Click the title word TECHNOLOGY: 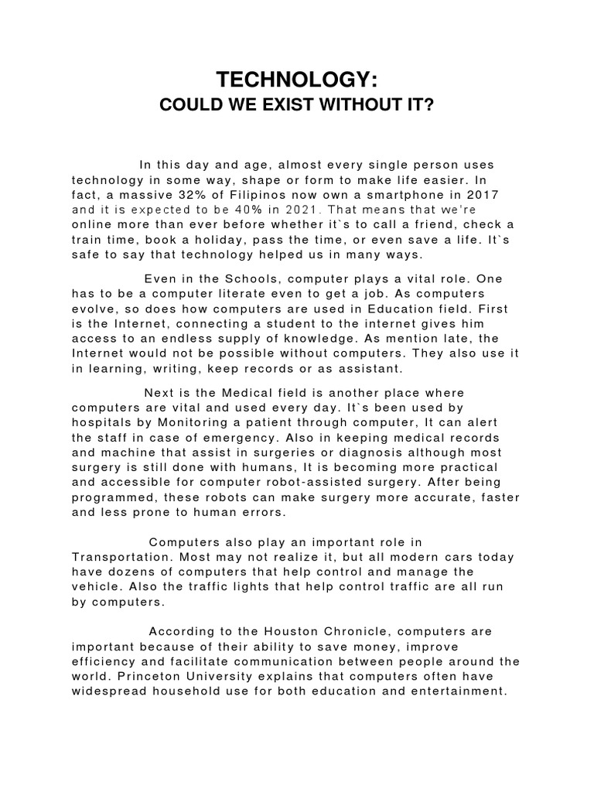pyautogui.click(x=296, y=80)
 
